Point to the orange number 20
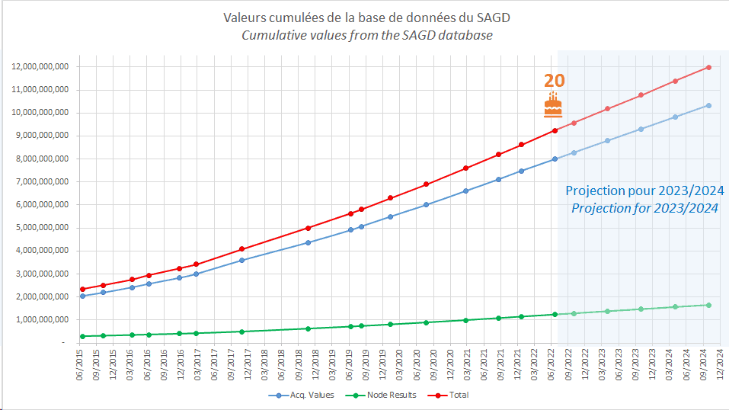pyautogui.click(x=554, y=82)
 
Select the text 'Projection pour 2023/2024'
pyautogui.click(x=644, y=191)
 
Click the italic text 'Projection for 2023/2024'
pyautogui.click(x=644, y=208)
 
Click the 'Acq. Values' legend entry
pyautogui.click(x=297, y=395)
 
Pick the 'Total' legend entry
pyautogui.click(x=449, y=395)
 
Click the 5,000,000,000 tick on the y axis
pyautogui.click(x=43, y=228)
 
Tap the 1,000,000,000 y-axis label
pyautogui.click(x=43, y=320)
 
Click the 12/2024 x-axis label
pyautogui.click(x=721, y=363)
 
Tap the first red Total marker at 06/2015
pyautogui.click(x=82, y=289)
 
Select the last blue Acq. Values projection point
pyautogui.click(x=708, y=105)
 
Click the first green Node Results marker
pyautogui.click(x=82, y=336)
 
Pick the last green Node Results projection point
pyautogui.click(x=708, y=305)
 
